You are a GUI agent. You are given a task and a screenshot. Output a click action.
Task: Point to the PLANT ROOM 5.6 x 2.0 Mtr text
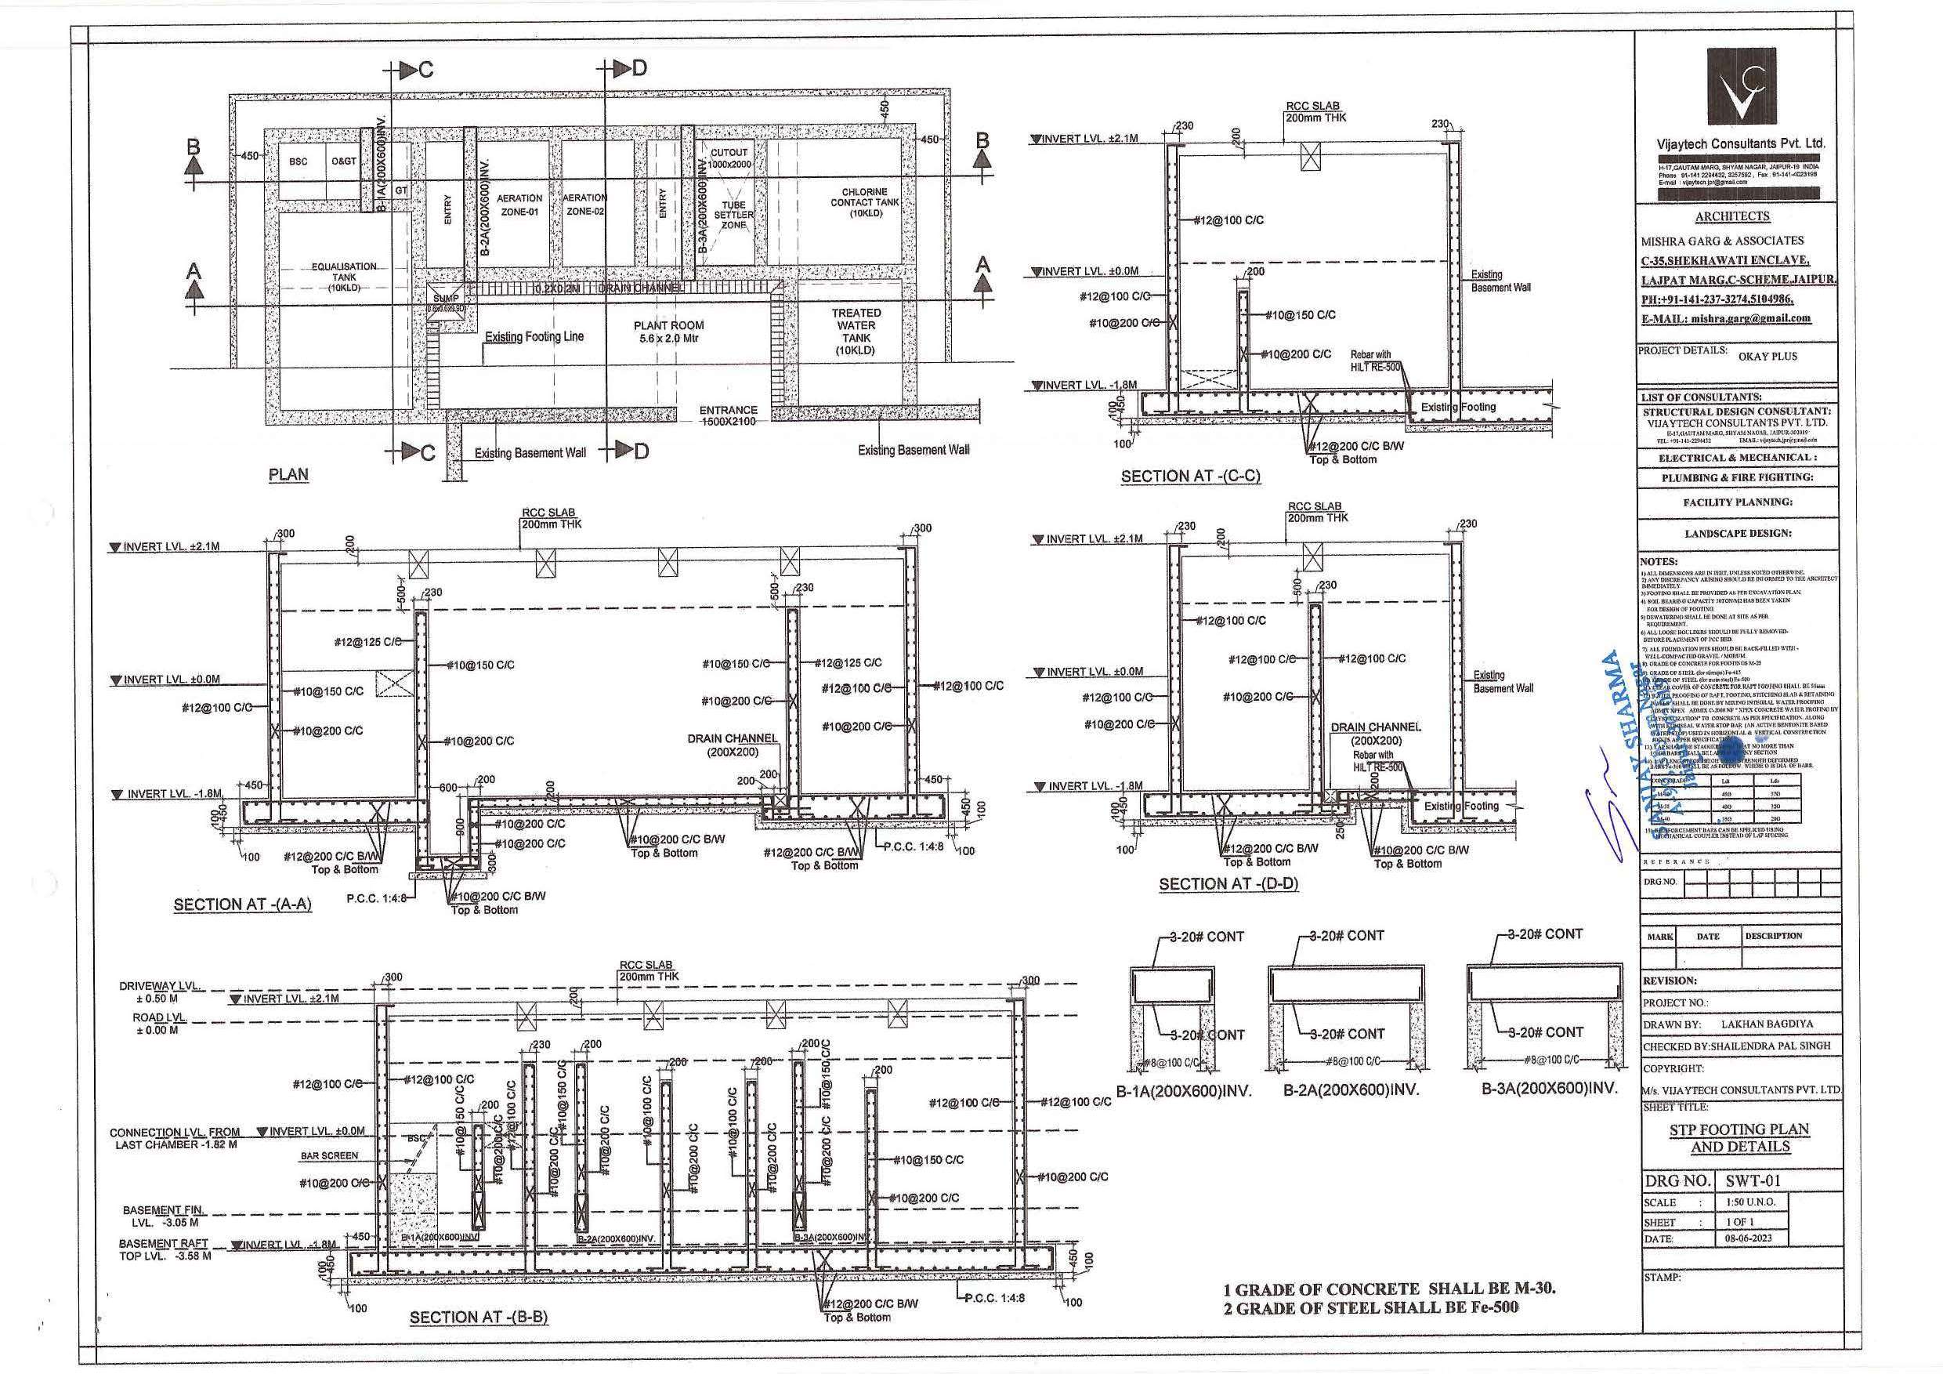pyautogui.click(x=668, y=332)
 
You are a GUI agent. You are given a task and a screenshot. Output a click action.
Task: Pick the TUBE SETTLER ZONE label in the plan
pyautogui.click(x=733, y=215)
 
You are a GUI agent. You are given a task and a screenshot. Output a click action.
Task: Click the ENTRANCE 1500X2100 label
pyautogui.click(x=728, y=415)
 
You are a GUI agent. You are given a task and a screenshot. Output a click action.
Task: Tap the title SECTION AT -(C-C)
pyautogui.click(x=1190, y=477)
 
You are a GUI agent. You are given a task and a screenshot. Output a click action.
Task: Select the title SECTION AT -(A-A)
pyautogui.click(x=242, y=905)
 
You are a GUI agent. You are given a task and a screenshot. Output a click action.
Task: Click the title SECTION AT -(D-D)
pyautogui.click(x=1228, y=884)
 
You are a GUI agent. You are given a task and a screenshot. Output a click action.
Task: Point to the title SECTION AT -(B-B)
pyautogui.click(x=478, y=1318)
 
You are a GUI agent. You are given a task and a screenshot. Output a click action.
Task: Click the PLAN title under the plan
pyautogui.click(x=288, y=474)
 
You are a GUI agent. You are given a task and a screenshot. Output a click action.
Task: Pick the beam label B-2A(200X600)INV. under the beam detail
pyautogui.click(x=1351, y=1090)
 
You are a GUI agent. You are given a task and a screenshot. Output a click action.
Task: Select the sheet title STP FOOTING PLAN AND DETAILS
pyautogui.click(x=1740, y=1137)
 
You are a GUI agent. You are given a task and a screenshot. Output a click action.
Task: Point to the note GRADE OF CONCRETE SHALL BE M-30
pyautogui.click(x=1390, y=1289)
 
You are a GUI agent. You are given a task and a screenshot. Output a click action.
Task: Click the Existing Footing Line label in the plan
pyautogui.click(x=534, y=337)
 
